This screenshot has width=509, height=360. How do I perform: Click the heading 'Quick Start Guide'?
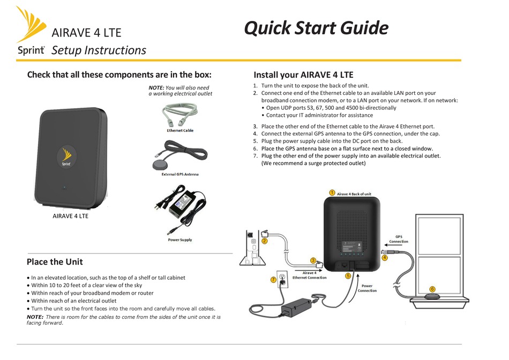click(x=316, y=28)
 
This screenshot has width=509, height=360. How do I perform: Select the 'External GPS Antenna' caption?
click(x=180, y=175)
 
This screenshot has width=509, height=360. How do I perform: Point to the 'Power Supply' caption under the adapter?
click(x=180, y=240)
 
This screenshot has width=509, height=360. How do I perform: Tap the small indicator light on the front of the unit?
click(x=64, y=187)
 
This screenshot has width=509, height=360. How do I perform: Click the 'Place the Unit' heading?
click(x=55, y=262)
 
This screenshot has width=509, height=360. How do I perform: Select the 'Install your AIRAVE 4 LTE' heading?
click(x=303, y=75)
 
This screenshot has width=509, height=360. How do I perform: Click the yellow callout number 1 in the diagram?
click(x=332, y=193)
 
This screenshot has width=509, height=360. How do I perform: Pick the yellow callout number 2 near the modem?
click(x=264, y=241)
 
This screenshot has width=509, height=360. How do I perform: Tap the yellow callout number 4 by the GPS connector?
click(x=385, y=258)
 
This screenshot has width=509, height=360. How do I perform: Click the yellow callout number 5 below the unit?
click(x=348, y=276)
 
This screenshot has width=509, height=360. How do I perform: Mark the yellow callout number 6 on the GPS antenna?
click(x=433, y=290)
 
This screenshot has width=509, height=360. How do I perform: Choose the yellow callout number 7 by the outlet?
click(x=273, y=279)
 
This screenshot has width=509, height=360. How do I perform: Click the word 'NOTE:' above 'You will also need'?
click(x=156, y=87)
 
